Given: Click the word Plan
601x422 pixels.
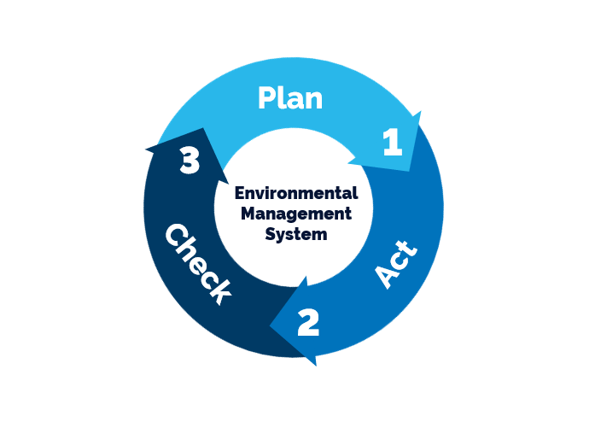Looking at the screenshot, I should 290,98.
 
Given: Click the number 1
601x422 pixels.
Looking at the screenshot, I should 392,142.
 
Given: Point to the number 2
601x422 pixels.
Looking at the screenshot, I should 308,322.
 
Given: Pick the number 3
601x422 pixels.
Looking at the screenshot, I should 190,161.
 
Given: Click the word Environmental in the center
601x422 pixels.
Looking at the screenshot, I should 295,193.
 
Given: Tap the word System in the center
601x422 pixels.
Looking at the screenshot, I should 295,233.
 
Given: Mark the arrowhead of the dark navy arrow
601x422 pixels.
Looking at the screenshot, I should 184,154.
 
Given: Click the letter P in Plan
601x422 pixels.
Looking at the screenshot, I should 268,98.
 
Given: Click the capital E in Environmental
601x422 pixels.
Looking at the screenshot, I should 239,193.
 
